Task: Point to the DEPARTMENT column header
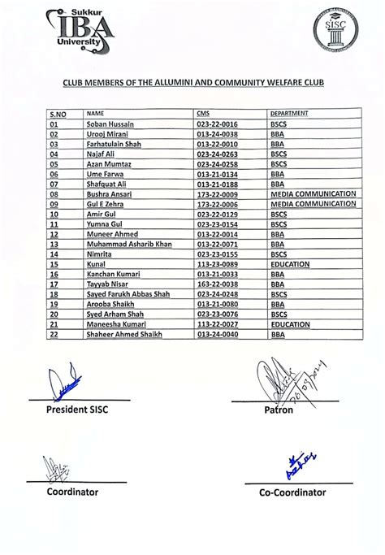tap(290, 113)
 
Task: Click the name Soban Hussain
tap(110, 124)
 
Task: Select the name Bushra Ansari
tap(110, 194)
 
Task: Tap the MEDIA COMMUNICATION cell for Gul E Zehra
tap(314, 204)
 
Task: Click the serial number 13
tap(54, 244)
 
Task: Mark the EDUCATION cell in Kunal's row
tap(289, 264)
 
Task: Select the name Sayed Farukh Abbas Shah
tap(128, 294)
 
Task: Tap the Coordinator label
tap(72, 492)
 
